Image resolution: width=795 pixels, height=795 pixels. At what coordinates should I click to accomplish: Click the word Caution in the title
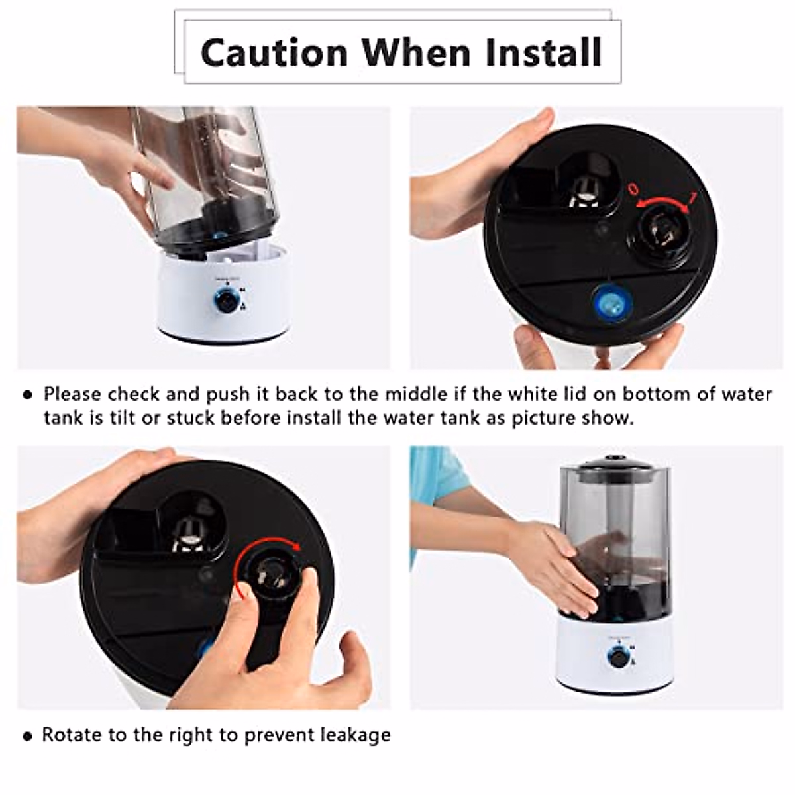[x=274, y=53]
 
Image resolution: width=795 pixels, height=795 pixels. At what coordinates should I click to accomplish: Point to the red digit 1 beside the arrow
[x=693, y=197]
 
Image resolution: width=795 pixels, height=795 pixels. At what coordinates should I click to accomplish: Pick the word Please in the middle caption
[x=73, y=395]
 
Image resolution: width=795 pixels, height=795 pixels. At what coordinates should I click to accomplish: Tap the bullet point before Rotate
[x=27, y=736]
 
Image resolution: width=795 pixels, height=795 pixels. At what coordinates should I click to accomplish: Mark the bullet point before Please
[x=27, y=396]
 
